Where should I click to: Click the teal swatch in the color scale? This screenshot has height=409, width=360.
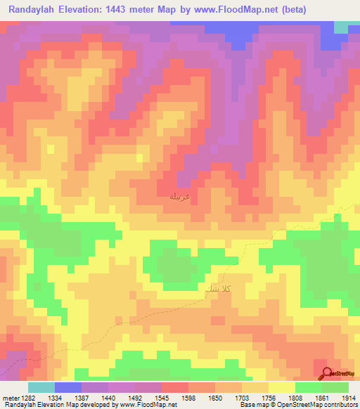pos(41,387)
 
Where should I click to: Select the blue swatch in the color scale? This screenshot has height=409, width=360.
pos(68,387)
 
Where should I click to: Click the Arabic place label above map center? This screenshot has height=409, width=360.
pos(180,197)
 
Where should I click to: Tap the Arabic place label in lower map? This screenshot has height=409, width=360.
pos(217,289)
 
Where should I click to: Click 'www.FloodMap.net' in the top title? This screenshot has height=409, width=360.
pos(238,11)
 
